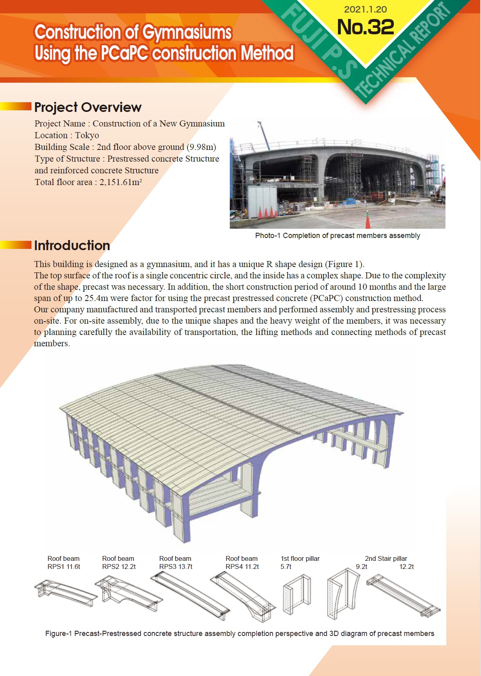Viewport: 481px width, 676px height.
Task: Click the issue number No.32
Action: pyautogui.click(x=365, y=27)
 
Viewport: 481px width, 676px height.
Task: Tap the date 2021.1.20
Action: pyautogui.click(x=365, y=9)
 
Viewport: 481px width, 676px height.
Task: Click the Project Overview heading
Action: pyautogui.click(x=88, y=107)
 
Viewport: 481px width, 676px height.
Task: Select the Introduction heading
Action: pyautogui.click(x=72, y=245)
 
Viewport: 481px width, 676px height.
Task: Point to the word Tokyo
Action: pyautogui.click(x=87, y=135)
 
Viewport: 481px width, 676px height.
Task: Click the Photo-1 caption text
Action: pyautogui.click(x=337, y=236)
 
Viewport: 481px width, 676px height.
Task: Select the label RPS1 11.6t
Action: pyautogui.click(x=64, y=566)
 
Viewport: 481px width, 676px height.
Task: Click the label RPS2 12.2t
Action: pyautogui.click(x=119, y=566)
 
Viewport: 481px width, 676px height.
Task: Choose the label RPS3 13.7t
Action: pyautogui.click(x=176, y=566)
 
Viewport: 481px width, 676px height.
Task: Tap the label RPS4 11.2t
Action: pyautogui.click(x=242, y=566)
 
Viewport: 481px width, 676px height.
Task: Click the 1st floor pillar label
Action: pyautogui.click(x=300, y=558)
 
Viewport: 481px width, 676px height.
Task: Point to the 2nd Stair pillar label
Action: pyautogui.click(x=386, y=558)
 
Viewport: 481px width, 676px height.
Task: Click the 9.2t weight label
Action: pyautogui.click(x=361, y=566)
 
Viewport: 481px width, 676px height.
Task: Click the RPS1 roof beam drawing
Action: pyautogui.click(x=65, y=592)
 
